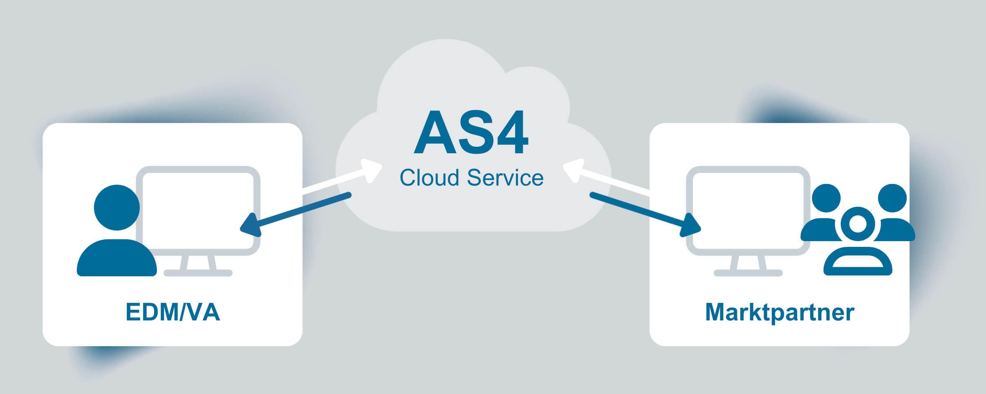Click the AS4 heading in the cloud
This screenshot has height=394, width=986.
pyautogui.click(x=471, y=133)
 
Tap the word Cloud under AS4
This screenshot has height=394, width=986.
pyautogui.click(x=429, y=178)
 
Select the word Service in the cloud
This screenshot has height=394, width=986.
pyautogui.click(x=505, y=178)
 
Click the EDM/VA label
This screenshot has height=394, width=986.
pyautogui.click(x=173, y=312)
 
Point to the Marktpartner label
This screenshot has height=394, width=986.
pyautogui.click(x=780, y=312)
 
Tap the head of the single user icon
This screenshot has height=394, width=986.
pyautogui.click(x=117, y=207)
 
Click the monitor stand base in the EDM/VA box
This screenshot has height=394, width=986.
pyautogui.click(x=198, y=273)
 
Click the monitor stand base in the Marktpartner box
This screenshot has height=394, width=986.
pyautogui.click(x=748, y=273)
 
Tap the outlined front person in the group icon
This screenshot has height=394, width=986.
pyautogui.click(x=858, y=245)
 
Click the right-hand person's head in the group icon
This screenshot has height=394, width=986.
pyautogui.click(x=892, y=198)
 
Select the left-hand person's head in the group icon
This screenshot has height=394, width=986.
pyautogui.click(x=826, y=198)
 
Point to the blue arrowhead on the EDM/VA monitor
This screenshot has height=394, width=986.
pyautogui.click(x=250, y=226)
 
